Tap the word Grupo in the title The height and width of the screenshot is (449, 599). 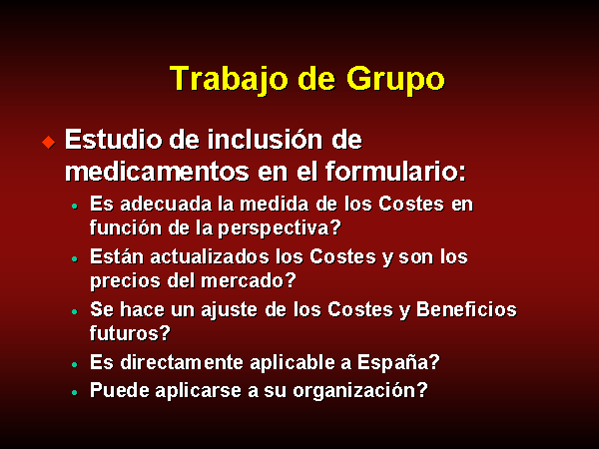(395, 80)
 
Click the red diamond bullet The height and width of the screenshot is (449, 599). (49, 143)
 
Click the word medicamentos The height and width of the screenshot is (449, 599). (157, 172)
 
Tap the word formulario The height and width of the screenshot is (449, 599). (391, 172)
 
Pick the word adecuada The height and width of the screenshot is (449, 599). (166, 204)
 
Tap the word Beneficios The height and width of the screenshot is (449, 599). (466, 309)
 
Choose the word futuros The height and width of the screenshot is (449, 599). (124, 333)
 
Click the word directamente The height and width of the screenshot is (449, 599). (182, 362)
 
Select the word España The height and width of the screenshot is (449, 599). (392, 363)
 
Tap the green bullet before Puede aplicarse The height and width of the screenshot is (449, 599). (75, 392)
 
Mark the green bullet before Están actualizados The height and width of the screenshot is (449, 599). (75, 258)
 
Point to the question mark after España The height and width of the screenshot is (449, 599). (434, 362)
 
